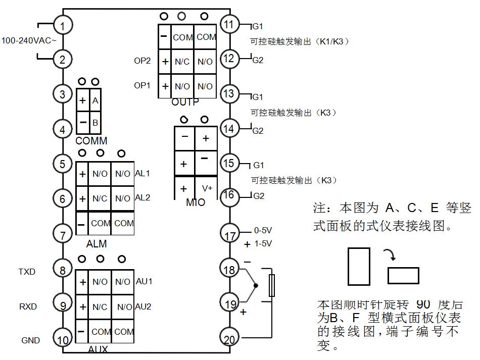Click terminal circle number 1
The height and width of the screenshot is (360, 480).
point(63,25)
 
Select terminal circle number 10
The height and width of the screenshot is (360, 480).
point(63,340)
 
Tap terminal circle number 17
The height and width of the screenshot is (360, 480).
point(230,235)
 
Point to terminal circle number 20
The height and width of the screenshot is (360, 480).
point(230,339)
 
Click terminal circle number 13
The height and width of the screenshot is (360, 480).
point(229,93)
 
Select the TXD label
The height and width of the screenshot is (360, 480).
point(27,272)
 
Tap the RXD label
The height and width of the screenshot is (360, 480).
point(28,306)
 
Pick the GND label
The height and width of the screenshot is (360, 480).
point(30,340)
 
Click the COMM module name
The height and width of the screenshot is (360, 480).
point(91,141)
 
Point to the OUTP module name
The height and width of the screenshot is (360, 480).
point(185,102)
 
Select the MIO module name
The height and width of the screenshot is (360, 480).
point(196,202)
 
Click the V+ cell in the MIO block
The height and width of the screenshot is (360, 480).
point(207,188)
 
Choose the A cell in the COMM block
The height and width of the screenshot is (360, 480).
point(95,100)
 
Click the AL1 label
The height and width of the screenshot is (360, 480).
point(142,173)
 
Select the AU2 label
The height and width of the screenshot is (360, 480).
point(143,306)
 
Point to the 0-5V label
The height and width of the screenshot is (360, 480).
point(263,230)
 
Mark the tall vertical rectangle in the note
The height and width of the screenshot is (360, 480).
point(358,266)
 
